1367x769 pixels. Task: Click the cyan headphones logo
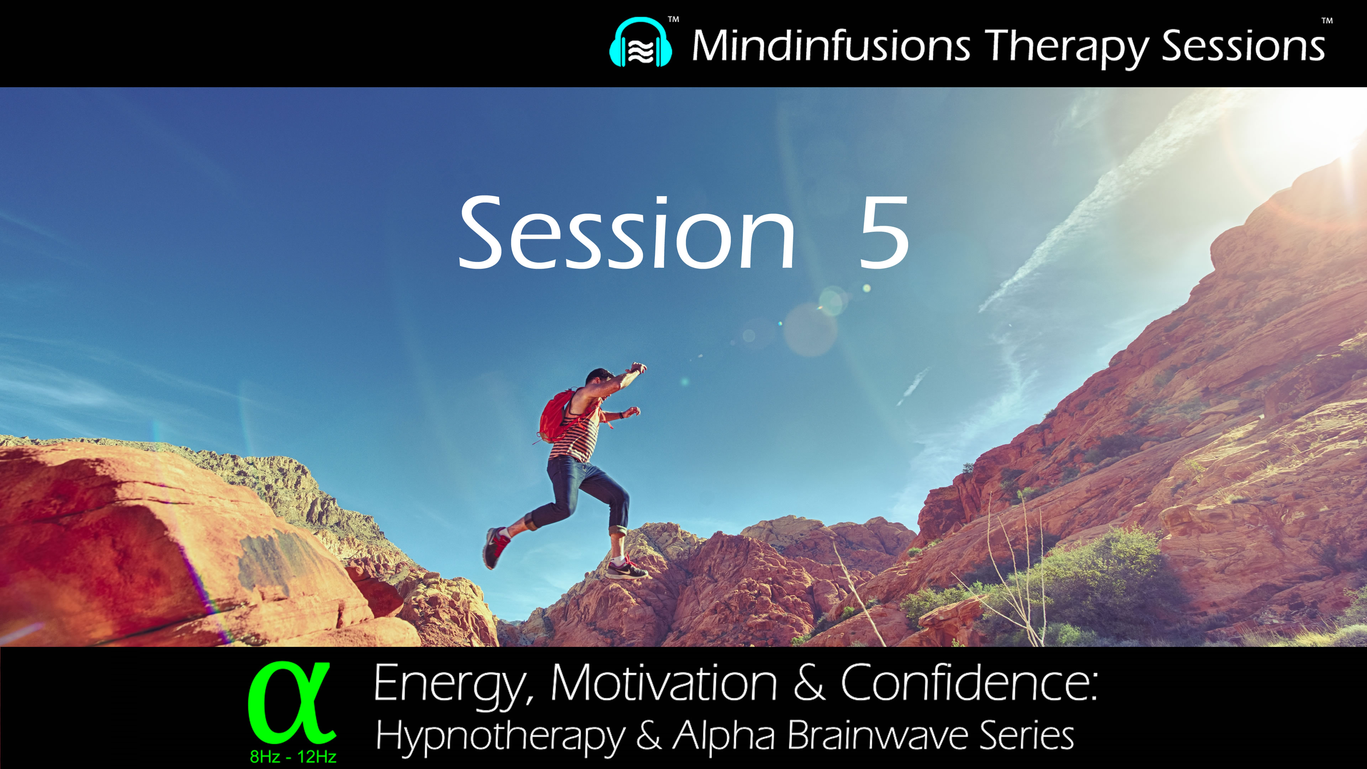(x=640, y=43)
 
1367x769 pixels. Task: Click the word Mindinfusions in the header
(x=831, y=46)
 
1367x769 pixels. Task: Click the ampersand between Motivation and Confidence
(x=809, y=684)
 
